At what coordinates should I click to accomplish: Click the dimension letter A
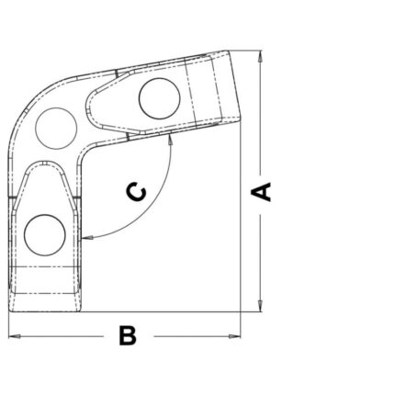tap(261, 192)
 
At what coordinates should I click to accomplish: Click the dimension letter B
tap(128, 335)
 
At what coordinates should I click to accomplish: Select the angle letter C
tap(136, 192)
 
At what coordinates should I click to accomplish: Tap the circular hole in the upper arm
tap(159, 98)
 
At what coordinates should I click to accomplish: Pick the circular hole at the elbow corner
tap(56, 129)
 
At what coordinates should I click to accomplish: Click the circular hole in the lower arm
tap(45, 235)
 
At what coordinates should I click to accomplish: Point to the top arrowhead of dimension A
tap(260, 57)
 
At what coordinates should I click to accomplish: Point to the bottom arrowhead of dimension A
tap(260, 305)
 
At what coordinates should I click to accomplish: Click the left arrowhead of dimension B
tap(15, 336)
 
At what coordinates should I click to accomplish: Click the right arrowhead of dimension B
tap(234, 336)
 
